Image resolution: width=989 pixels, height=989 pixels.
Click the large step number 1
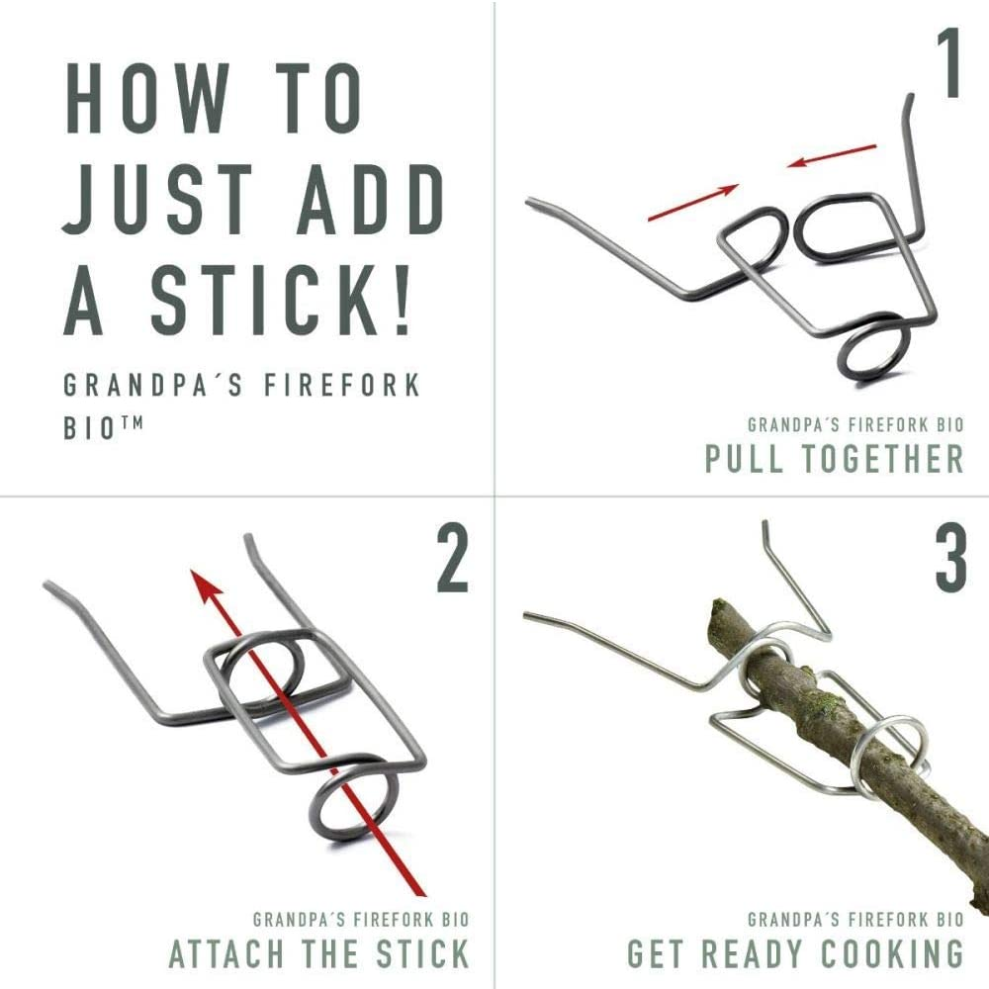click(949, 63)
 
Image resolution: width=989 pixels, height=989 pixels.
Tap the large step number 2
click(452, 560)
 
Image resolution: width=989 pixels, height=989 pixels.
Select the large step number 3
click(950, 560)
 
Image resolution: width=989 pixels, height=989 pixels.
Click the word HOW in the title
click(146, 98)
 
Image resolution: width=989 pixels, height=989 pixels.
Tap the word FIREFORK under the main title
click(341, 386)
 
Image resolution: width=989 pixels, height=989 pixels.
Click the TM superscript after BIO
click(132, 422)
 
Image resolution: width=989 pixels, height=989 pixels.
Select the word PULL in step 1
click(744, 458)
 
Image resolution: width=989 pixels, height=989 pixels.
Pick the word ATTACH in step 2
click(225, 953)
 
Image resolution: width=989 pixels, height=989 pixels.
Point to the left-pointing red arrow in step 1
click(832, 156)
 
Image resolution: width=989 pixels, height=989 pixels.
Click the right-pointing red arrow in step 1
click(693, 203)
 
